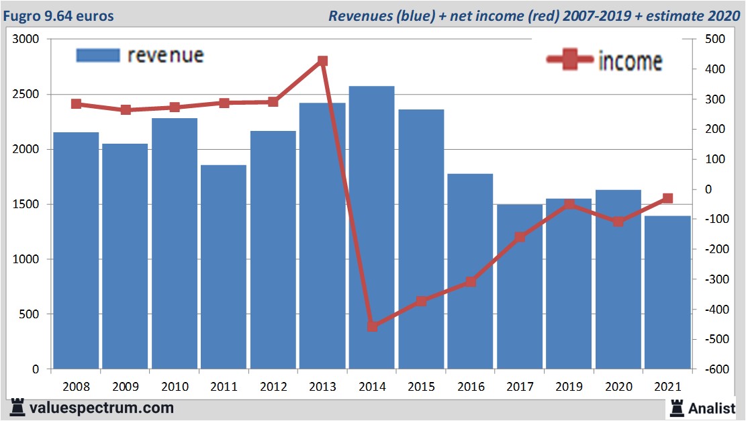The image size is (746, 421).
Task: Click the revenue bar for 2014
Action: click(x=372, y=228)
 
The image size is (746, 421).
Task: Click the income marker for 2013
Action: click(x=322, y=61)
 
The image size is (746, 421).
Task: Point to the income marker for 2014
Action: click(x=372, y=326)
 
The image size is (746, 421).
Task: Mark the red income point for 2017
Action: click(x=520, y=237)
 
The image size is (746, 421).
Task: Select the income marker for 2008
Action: click(x=76, y=104)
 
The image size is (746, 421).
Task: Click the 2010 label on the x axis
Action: click(x=174, y=387)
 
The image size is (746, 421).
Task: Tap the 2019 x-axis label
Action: click(x=569, y=387)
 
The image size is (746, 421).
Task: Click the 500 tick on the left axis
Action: click(x=30, y=314)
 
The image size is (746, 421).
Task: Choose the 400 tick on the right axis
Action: click(x=712, y=70)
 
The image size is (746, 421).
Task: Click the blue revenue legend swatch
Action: click(x=98, y=55)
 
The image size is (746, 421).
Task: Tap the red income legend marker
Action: click(x=570, y=60)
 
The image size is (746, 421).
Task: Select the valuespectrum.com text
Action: click(x=101, y=408)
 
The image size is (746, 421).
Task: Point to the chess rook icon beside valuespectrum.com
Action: click(x=17, y=408)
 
